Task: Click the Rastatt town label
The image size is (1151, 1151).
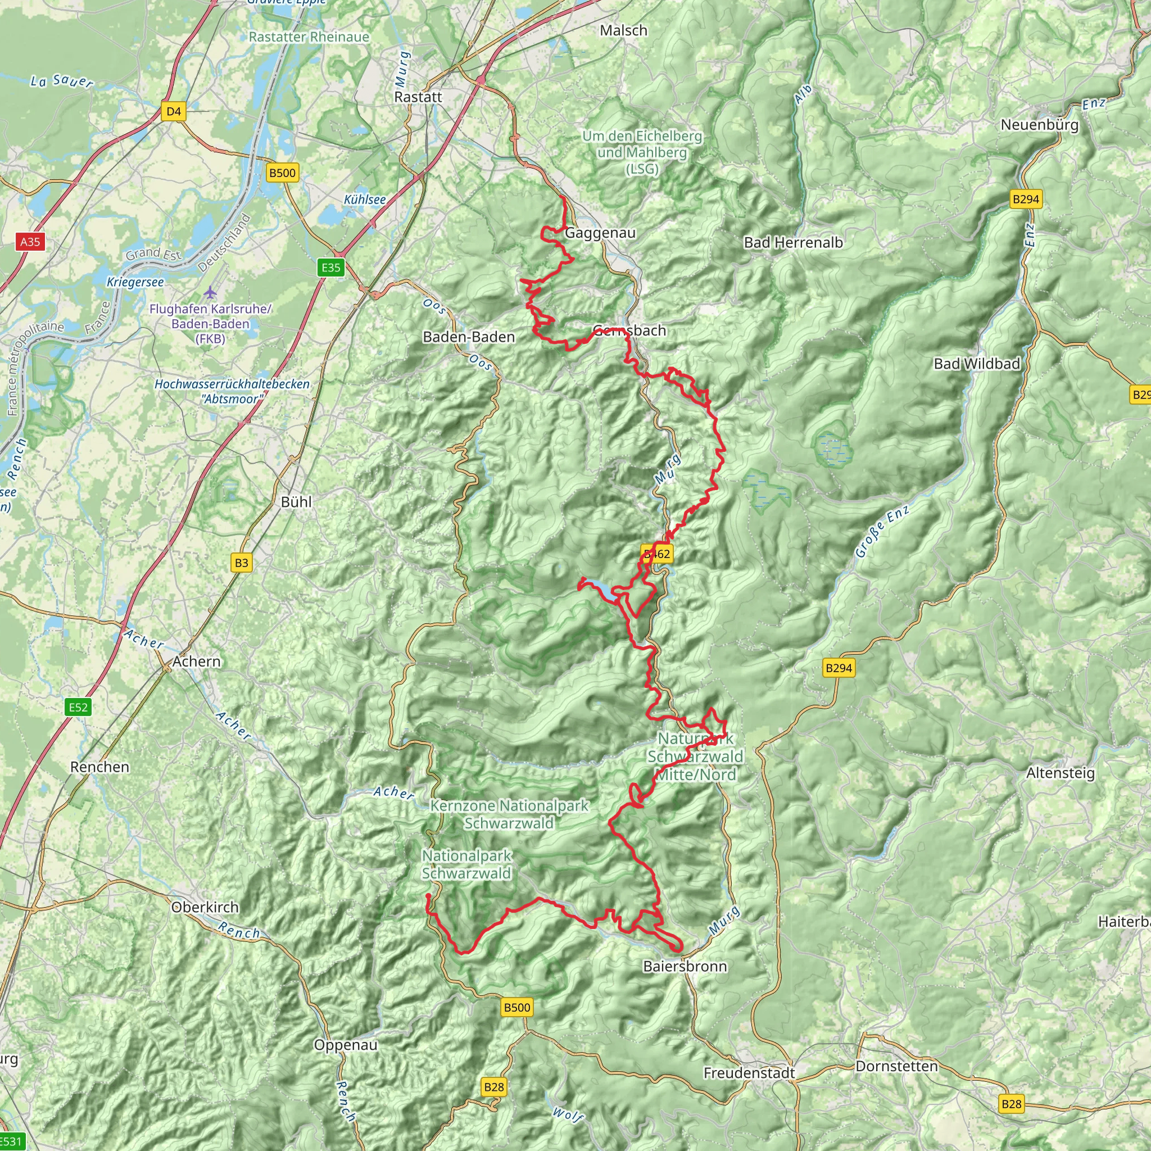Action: tap(418, 97)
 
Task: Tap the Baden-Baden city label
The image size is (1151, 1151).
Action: tap(469, 337)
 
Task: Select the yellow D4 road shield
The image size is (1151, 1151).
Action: tap(173, 111)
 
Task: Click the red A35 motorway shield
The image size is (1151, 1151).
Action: tap(30, 241)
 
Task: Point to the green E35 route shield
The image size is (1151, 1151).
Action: tap(330, 268)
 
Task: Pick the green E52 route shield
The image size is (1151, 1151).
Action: tap(78, 707)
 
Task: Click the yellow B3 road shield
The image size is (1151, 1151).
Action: tap(241, 563)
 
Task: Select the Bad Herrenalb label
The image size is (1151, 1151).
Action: tap(793, 242)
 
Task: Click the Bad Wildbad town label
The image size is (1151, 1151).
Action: tap(976, 364)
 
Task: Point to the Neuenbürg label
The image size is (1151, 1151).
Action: tap(1040, 125)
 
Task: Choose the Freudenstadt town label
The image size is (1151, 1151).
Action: tap(749, 1073)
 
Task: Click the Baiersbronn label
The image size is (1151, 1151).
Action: tap(685, 966)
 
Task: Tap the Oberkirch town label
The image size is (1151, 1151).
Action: tap(205, 907)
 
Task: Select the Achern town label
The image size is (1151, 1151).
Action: tap(197, 661)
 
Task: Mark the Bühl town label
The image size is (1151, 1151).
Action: tap(296, 502)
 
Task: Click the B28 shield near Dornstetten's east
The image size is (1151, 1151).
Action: tap(1011, 1104)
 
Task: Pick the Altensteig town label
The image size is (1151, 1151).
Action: tap(1061, 773)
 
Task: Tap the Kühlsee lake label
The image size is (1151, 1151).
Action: tap(365, 200)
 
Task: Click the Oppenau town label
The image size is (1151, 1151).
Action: tap(346, 1045)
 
